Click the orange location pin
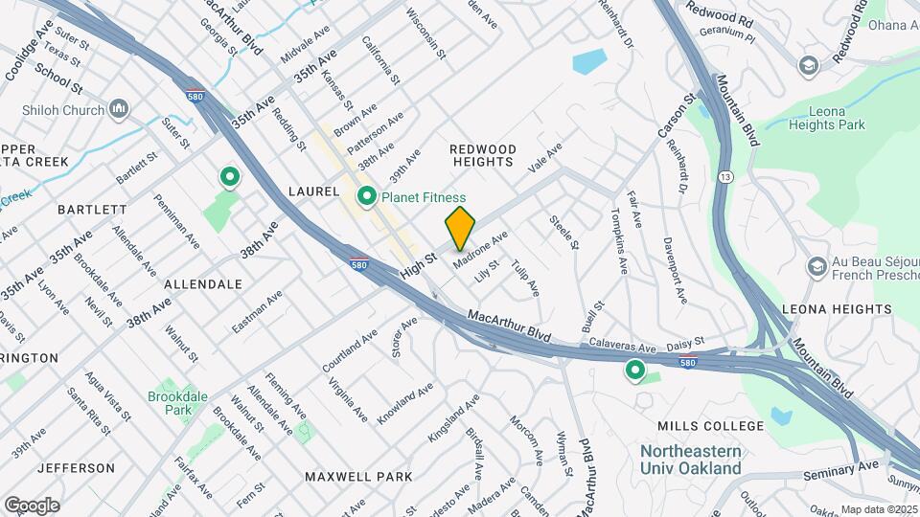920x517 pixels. [x=460, y=228]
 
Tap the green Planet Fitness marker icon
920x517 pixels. [x=366, y=197]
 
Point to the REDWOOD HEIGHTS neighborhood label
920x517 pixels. [x=483, y=156]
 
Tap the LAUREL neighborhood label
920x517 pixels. [x=313, y=191]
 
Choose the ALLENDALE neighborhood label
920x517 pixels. [x=202, y=284]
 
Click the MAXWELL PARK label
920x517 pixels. [x=358, y=476]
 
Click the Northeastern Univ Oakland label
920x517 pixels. [x=691, y=460]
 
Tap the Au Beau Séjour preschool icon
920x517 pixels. [x=817, y=265]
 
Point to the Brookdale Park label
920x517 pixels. [x=171, y=402]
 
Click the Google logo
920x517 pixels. [x=32, y=505]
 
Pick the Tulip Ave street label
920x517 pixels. [x=525, y=277]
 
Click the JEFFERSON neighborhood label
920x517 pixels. [x=76, y=468]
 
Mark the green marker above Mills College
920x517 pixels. [x=634, y=370]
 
